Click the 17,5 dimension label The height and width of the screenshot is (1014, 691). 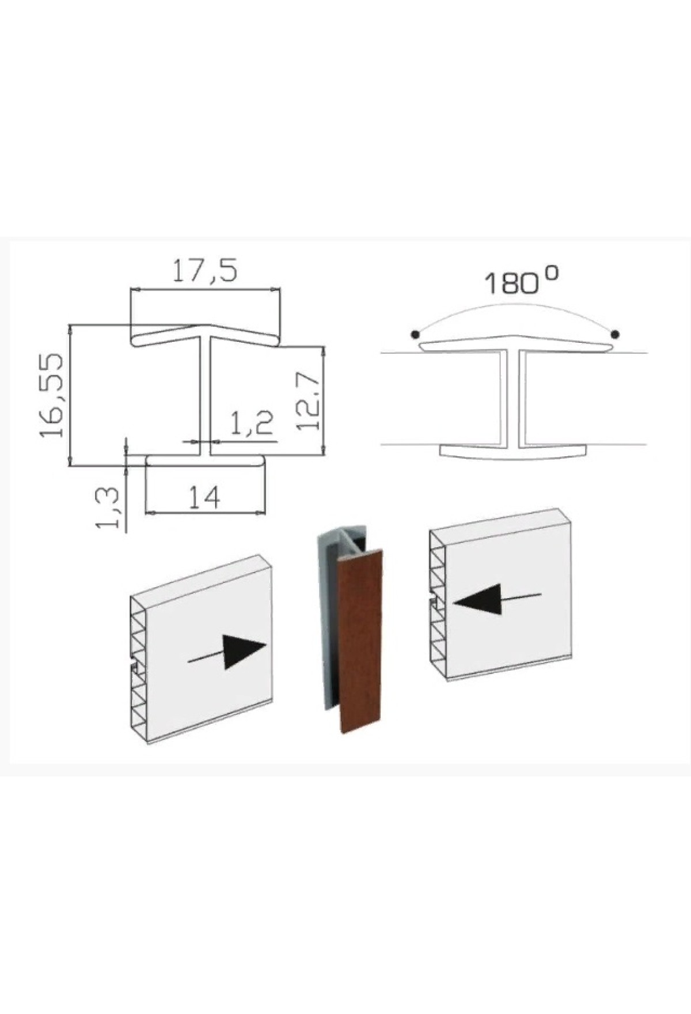coord(205,270)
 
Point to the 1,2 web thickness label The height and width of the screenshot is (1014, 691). coord(252,424)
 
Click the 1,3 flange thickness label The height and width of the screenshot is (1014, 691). coord(107,508)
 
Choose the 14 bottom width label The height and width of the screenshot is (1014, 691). coord(204,497)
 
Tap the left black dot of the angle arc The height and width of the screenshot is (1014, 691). coord(414,334)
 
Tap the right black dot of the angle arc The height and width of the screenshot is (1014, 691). coord(615,334)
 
